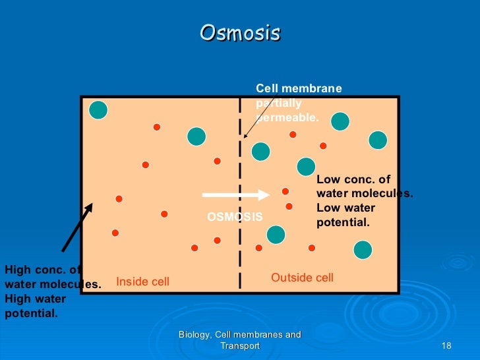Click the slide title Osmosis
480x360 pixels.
240,33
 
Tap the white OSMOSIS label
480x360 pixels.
235,217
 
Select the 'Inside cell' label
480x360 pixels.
142,282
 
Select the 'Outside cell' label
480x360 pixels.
302,278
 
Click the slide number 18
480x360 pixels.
445,346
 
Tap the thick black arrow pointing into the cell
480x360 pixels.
77,227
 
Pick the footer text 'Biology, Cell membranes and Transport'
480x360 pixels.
240,340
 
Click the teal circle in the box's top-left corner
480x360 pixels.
98,110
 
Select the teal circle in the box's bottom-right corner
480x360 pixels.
363,249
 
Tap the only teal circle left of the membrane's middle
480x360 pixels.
196,136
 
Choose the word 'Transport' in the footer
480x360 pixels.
240,346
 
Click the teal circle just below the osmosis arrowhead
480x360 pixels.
276,234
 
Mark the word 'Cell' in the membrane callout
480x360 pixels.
266,88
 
